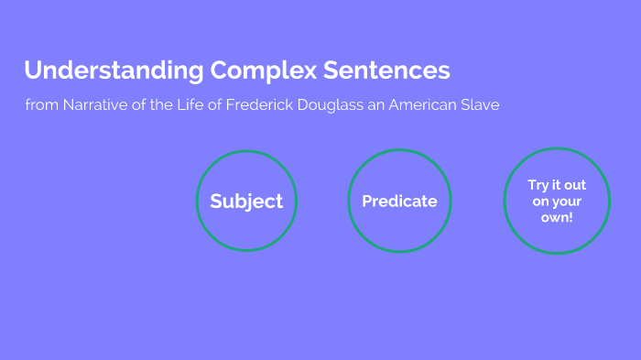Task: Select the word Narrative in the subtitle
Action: tap(92, 105)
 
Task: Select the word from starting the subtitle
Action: tap(41, 105)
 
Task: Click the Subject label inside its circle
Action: tap(247, 202)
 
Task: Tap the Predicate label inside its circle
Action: tap(399, 202)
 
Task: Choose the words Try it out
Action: tap(557, 185)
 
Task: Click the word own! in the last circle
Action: tap(557, 218)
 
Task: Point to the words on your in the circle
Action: tap(557, 202)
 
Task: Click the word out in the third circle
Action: tap(574, 185)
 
